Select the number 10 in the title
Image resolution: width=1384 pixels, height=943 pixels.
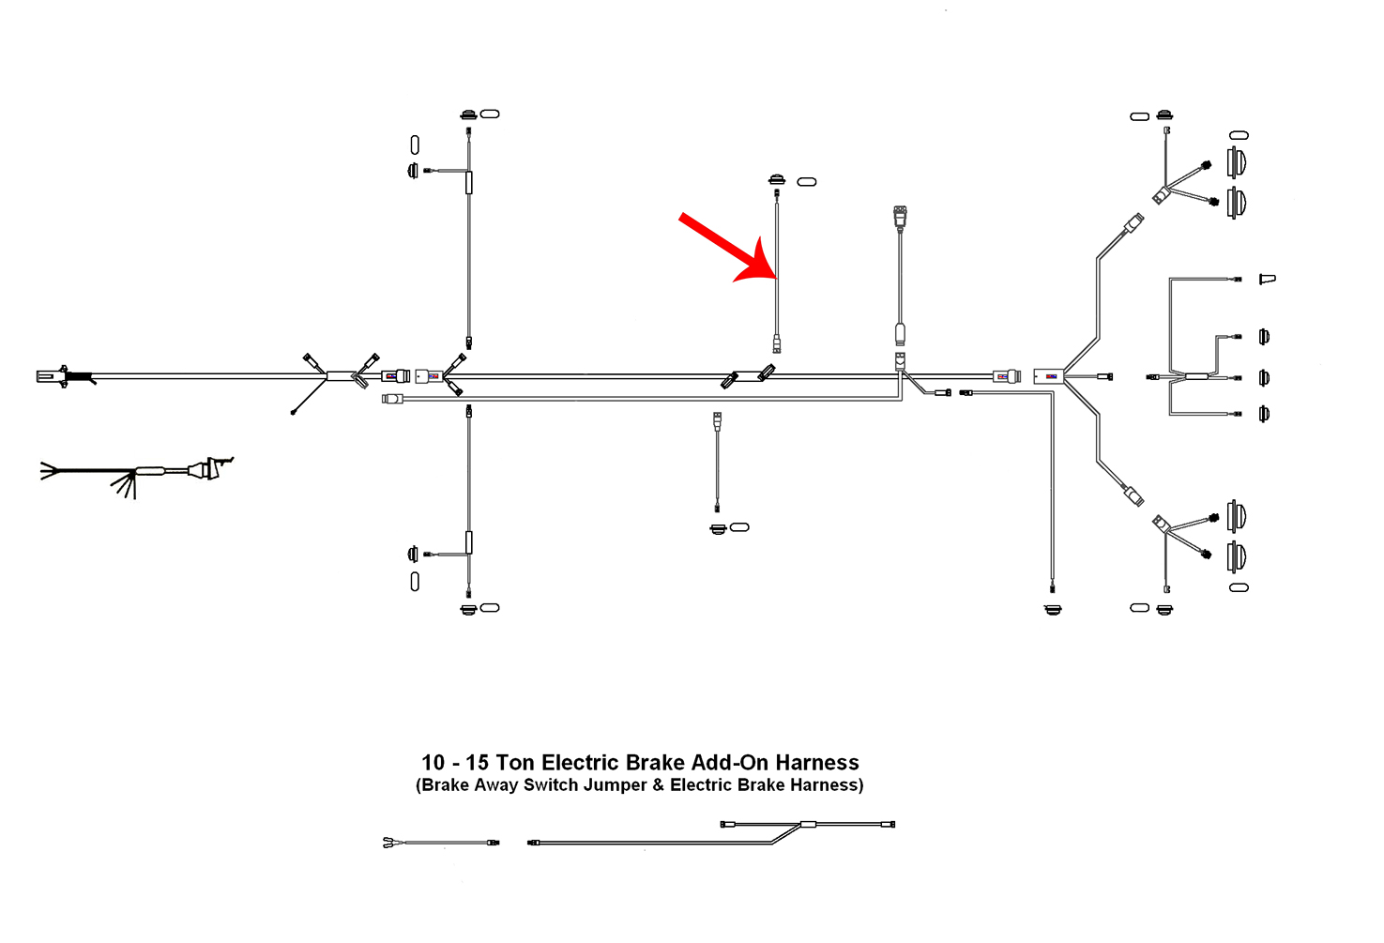[433, 763]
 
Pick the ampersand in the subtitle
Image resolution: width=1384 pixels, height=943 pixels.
[657, 785]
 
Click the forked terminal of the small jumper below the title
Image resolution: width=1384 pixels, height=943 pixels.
[388, 843]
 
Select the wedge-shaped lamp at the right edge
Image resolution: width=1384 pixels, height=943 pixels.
[1268, 279]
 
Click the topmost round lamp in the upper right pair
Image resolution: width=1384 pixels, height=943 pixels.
[1237, 160]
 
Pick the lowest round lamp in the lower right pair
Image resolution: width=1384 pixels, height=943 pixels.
[1237, 556]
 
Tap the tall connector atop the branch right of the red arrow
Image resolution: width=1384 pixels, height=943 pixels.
[900, 218]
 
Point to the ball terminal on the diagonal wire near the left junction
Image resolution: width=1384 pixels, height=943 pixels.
[294, 412]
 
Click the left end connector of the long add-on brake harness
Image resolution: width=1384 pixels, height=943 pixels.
[534, 843]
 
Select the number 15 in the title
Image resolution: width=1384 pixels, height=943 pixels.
[477, 763]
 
